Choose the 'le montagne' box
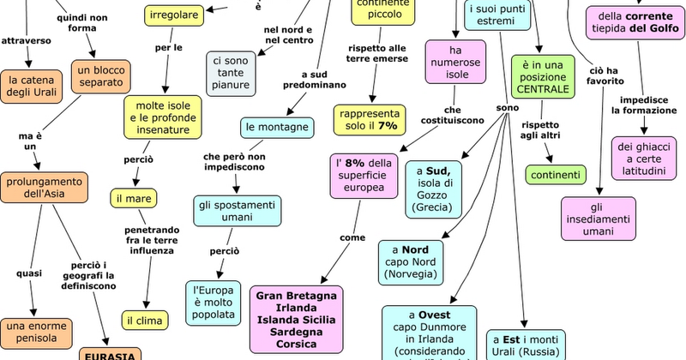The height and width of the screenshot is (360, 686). pos(277,127)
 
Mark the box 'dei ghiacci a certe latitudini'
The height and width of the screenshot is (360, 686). pos(647,159)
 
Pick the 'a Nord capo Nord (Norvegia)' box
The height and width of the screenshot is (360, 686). pos(414,261)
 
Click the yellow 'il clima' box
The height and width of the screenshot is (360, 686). pos(142,321)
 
